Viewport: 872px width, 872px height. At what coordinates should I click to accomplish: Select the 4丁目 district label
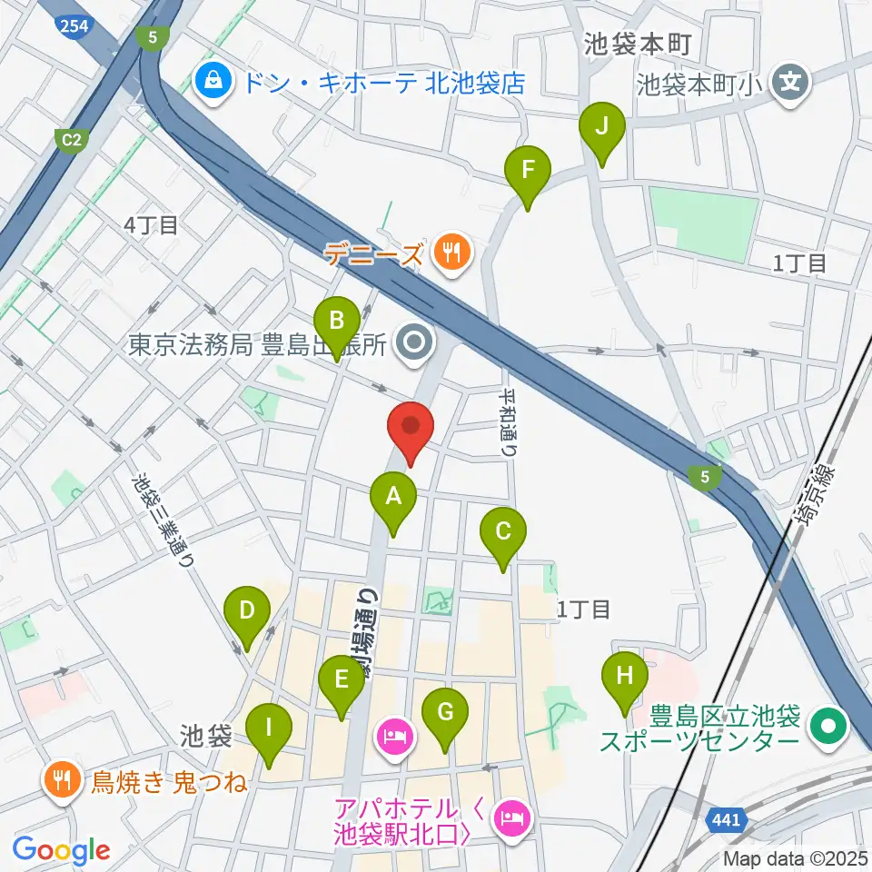pos(152,225)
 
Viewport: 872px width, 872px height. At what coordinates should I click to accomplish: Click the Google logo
pos(60,849)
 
